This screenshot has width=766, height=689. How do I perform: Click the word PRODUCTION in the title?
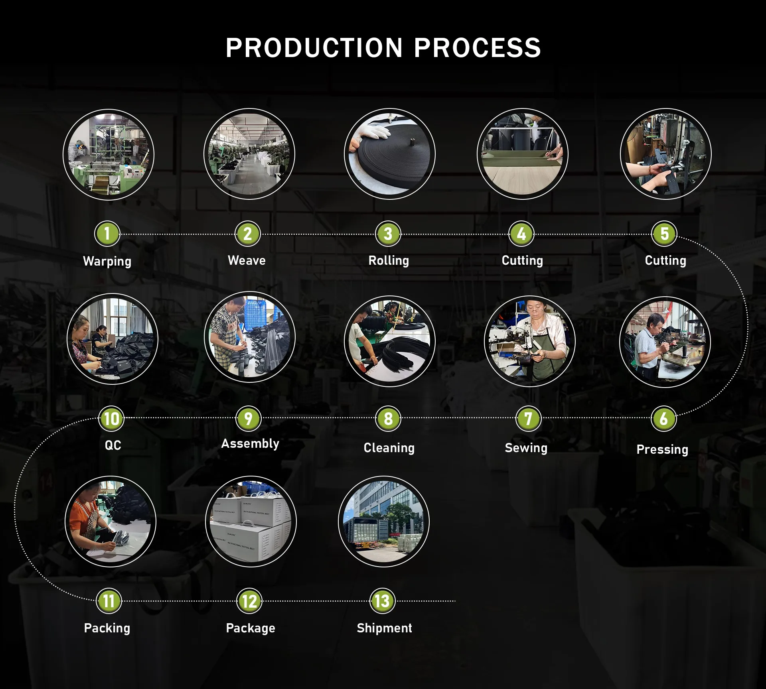[314, 48]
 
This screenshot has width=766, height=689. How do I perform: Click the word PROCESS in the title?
[477, 48]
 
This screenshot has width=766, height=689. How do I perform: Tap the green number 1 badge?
[107, 234]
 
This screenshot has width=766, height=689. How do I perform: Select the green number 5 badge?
[664, 234]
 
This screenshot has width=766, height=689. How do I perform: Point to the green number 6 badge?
[663, 419]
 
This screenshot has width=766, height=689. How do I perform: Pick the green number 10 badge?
[111, 419]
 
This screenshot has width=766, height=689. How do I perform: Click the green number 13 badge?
[382, 601]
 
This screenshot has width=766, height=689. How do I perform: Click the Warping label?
[107, 261]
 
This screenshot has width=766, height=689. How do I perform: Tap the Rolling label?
[389, 260]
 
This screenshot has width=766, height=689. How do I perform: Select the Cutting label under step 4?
[522, 260]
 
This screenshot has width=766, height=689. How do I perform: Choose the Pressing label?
[662, 449]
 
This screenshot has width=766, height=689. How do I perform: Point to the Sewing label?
[526, 448]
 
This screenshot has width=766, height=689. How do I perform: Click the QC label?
[113, 445]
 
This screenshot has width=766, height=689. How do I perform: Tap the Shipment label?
[384, 628]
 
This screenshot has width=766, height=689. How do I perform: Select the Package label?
[251, 628]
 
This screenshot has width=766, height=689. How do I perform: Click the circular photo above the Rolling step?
[389, 154]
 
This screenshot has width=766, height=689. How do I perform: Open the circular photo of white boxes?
[251, 522]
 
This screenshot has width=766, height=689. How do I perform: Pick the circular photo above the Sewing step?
[529, 341]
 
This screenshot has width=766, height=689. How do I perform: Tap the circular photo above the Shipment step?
[383, 522]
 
